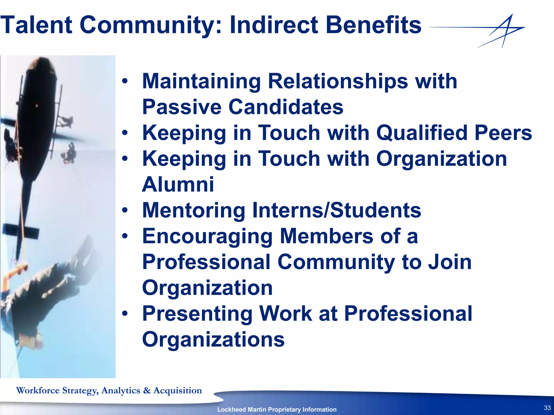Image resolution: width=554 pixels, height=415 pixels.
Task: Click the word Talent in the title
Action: click(37, 25)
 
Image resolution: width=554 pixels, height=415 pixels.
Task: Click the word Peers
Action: click(503, 133)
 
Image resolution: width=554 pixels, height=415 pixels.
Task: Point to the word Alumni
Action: click(178, 185)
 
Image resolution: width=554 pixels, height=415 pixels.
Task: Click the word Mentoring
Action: click(194, 210)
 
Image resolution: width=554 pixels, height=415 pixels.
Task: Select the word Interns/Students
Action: click(337, 210)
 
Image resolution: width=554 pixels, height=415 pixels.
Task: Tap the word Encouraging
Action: click(207, 236)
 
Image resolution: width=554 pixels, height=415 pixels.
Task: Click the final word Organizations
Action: click(213, 340)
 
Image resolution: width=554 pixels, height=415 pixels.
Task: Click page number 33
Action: click(547, 408)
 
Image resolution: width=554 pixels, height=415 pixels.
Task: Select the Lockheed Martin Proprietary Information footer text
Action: click(277, 409)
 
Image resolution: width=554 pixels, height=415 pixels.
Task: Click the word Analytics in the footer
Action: click(121, 390)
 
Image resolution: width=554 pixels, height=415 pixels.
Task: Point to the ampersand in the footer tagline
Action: click(147, 390)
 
